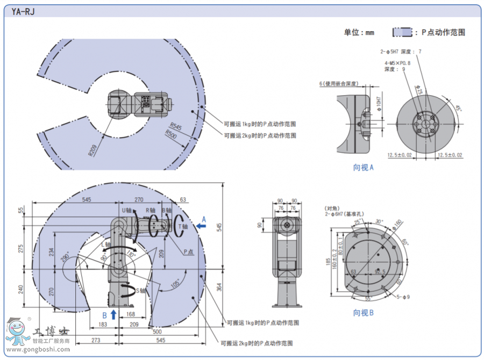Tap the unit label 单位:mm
pyautogui.click(x=359, y=32)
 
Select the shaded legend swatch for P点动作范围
pyautogui.click(x=402, y=32)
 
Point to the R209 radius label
pyautogui.click(x=92, y=149)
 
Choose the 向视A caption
pyautogui.click(x=363, y=168)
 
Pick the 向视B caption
pyautogui.click(x=363, y=313)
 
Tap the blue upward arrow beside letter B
pyautogui.click(x=113, y=314)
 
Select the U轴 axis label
pyautogui.click(x=127, y=210)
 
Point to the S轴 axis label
pyautogui.click(x=141, y=291)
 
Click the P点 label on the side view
pyautogui.click(x=188, y=251)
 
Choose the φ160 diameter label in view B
pyautogui.click(x=398, y=224)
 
